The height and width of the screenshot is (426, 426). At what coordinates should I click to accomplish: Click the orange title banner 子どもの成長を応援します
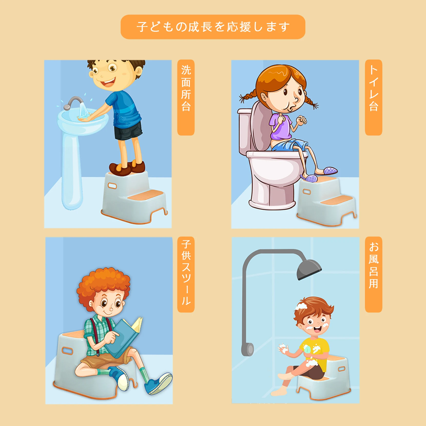click(x=213, y=27)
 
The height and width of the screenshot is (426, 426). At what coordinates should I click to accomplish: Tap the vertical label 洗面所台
click(x=186, y=98)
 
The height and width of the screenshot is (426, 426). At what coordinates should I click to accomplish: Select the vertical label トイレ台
click(x=373, y=98)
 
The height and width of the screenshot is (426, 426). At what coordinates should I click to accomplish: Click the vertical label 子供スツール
click(x=186, y=274)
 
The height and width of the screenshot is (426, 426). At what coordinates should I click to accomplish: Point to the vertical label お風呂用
click(x=373, y=274)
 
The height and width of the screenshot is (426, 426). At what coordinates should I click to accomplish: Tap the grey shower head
click(x=309, y=269)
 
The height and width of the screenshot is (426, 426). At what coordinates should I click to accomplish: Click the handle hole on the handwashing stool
click(x=112, y=186)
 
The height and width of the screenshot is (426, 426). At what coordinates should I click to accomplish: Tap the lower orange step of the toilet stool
click(x=337, y=200)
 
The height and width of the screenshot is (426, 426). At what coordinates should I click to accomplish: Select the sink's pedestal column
click(x=72, y=169)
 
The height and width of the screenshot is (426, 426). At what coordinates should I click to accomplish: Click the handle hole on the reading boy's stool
click(x=67, y=351)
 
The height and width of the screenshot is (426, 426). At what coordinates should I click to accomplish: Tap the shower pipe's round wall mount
click(x=248, y=349)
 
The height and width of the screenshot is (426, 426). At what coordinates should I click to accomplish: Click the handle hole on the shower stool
click(x=342, y=369)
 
